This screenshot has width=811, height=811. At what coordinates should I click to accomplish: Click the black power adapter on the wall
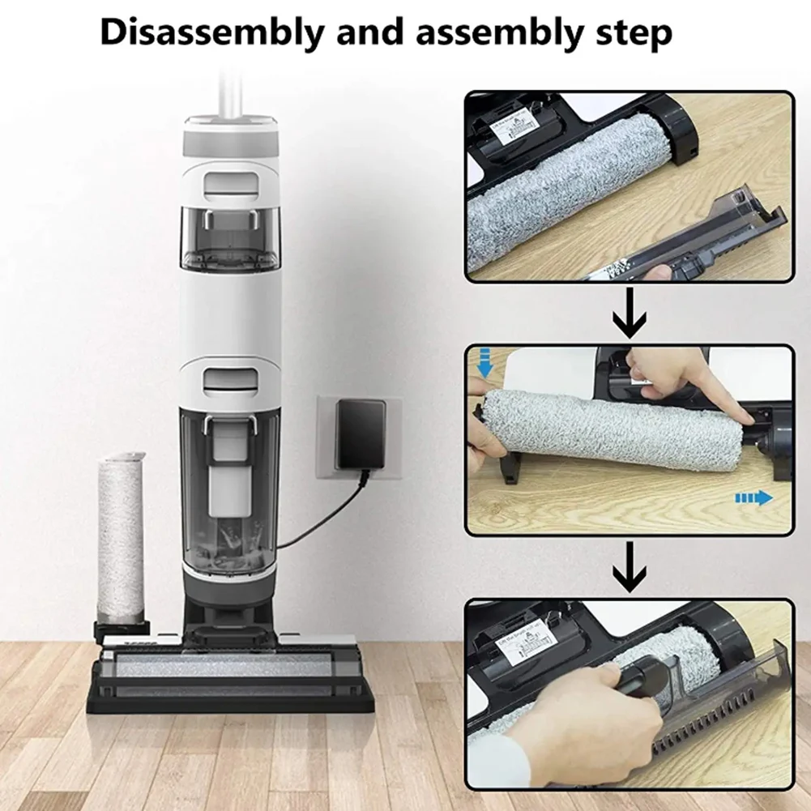[x=361, y=434]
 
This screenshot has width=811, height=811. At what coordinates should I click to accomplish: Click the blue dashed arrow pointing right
[x=753, y=498]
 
